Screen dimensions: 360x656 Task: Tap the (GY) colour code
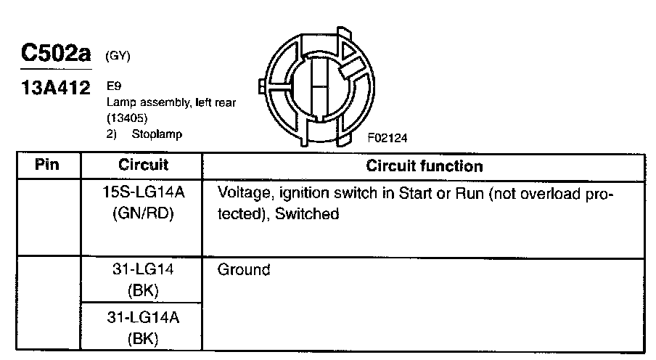click(118, 57)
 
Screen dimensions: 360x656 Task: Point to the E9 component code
click(113, 86)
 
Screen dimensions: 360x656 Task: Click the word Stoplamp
click(156, 134)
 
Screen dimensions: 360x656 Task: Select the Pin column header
click(47, 165)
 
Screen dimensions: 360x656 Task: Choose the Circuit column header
click(143, 165)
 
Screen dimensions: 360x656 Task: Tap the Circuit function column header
click(424, 166)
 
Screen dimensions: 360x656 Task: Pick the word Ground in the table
click(244, 271)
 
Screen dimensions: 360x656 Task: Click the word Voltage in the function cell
click(245, 196)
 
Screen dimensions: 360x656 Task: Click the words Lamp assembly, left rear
click(171, 102)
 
